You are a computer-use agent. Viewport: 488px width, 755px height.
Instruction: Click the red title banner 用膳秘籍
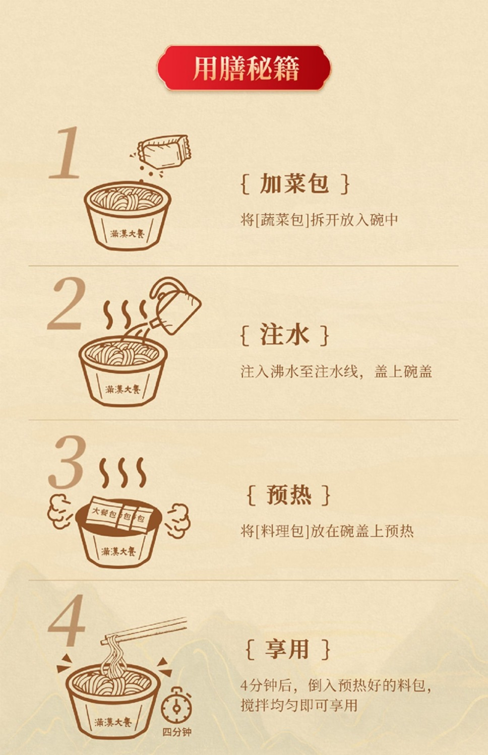(x=244, y=68)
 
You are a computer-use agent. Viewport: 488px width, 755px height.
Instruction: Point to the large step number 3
(x=67, y=462)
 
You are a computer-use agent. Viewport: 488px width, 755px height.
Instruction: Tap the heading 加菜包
(x=294, y=183)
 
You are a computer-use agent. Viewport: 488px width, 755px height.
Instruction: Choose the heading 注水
(x=285, y=335)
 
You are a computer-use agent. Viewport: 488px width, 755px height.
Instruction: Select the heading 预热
(x=289, y=495)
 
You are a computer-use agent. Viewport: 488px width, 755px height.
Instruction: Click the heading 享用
(x=287, y=649)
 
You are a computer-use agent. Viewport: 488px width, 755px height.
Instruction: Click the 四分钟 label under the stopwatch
(x=177, y=732)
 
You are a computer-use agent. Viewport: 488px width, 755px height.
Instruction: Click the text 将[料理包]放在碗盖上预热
(x=327, y=531)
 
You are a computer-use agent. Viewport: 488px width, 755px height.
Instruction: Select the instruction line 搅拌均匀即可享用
(x=299, y=705)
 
